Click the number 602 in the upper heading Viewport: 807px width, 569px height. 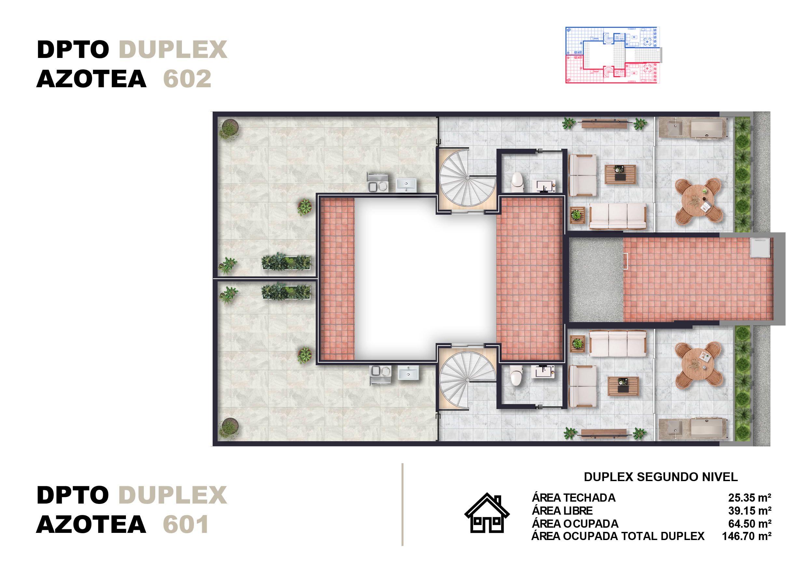point(187,79)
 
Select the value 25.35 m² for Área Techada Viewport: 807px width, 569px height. point(750,498)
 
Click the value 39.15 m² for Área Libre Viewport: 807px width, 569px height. point(750,510)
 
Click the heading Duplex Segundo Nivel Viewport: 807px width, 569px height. point(661,477)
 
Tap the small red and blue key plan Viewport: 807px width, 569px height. point(613,55)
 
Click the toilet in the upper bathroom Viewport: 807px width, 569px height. point(517,181)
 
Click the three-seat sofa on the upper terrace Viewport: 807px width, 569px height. point(618,216)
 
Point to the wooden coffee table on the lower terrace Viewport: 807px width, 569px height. point(623,386)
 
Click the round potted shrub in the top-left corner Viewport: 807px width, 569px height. point(229,129)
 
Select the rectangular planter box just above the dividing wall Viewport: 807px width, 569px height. point(286,262)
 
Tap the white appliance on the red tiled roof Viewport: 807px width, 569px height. point(760,248)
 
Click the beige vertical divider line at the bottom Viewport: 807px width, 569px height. point(403,504)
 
